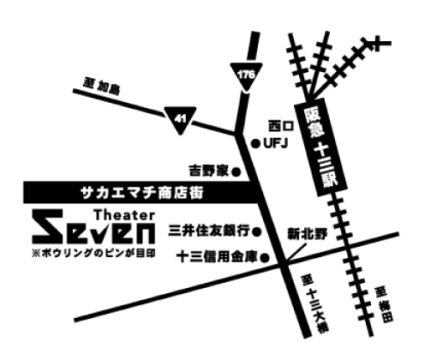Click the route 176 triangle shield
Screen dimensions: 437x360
(x=246, y=76)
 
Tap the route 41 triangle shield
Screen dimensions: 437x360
(x=180, y=119)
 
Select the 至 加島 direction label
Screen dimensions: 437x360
(x=102, y=86)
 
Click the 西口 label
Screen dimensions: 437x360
(x=281, y=126)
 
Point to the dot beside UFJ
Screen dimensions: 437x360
(x=255, y=143)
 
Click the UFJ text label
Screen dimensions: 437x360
(x=276, y=143)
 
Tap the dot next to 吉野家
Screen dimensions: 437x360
(x=236, y=172)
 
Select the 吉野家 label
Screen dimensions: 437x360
(x=209, y=171)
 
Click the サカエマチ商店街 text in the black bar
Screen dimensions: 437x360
(x=142, y=193)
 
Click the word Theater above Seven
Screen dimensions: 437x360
(x=125, y=215)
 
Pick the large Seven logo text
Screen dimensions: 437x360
(x=93, y=226)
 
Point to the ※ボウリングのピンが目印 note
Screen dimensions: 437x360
(x=94, y=253)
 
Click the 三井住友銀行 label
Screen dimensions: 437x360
(x=209, y=231)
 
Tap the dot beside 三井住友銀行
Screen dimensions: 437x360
(x=257, y=231)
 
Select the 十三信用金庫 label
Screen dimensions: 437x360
(x=218, y=256)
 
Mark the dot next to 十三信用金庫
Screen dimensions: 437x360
(x=265, y=258)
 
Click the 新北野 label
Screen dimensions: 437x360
(x=307, y=234)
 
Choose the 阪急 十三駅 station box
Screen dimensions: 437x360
(x=320, y=147)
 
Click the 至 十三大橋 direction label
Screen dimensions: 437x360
(x=314, y=303)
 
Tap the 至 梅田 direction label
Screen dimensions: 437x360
(x=385, y=304)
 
